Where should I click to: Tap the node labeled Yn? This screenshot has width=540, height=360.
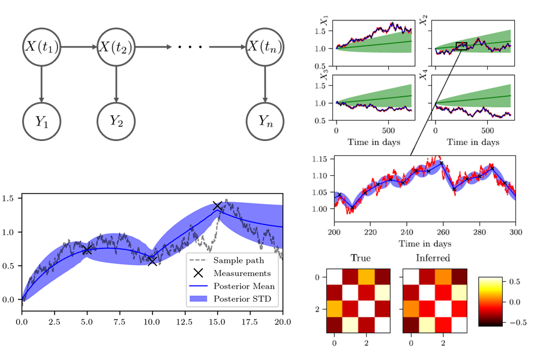click(263, 122)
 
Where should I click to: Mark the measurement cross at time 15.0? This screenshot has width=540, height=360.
click(217, 206)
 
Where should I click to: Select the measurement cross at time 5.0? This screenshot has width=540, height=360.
click(87, 249)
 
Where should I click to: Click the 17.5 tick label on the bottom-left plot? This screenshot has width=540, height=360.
click(250, 322)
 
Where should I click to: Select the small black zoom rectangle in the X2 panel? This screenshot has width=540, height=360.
click(461, 46)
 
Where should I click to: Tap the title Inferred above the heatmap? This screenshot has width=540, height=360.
click(434, 259)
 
